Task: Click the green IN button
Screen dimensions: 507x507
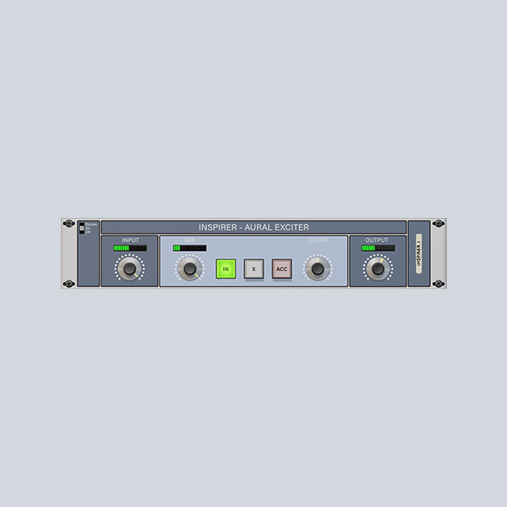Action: [226, 269]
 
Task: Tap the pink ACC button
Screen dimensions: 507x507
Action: [281, 269]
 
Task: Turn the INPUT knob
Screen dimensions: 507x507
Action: [129, 270]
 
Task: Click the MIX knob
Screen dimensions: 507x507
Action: [190, 270]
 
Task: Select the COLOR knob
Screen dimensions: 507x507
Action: [318, 270]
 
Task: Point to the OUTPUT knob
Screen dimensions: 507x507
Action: [378, 270]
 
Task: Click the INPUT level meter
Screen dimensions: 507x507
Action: [129, 248]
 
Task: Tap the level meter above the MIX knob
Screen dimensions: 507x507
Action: [189, 248]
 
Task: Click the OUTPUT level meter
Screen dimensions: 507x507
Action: [378, 248]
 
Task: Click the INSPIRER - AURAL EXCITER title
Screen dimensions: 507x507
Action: [253, 227]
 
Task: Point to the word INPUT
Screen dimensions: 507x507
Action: [130, 240]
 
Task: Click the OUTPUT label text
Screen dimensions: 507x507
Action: [377, 240]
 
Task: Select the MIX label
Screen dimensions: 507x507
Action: [189, 240]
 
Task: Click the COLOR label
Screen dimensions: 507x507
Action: [318, 240]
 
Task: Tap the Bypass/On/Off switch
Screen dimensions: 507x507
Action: [82, 227]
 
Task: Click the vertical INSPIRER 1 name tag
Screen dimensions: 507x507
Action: [418, 253]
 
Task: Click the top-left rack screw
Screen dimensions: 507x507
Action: [68, 225]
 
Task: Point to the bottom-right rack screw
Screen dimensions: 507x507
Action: [438, 283]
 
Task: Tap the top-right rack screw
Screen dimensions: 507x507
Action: [438, 225]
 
